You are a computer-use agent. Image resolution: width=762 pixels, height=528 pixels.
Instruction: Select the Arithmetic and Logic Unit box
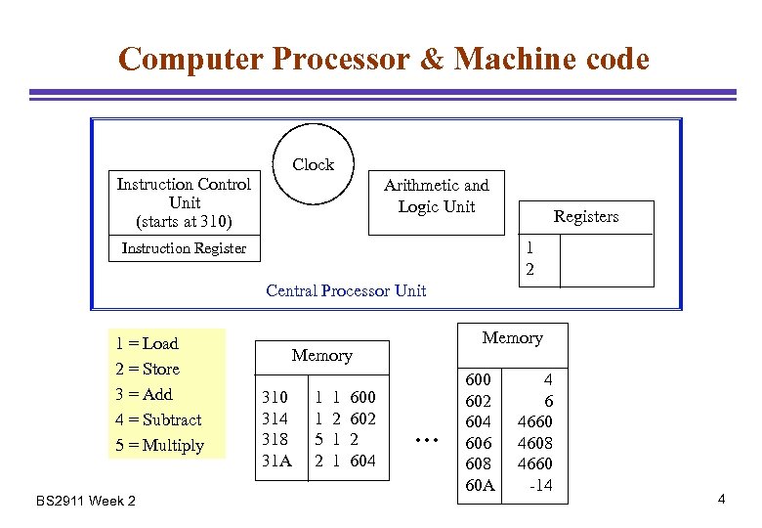coord(436,197)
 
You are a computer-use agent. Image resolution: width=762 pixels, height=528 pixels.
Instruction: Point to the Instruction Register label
coord(184,248)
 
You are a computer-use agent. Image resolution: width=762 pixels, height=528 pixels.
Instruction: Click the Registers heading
coord(586,217)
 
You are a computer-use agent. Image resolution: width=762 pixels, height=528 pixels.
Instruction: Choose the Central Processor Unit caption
coord(346,290)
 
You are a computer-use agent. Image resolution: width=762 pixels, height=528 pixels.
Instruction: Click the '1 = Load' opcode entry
coord(147,343)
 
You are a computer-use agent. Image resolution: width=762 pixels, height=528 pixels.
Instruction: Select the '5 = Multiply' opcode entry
coord(159,445)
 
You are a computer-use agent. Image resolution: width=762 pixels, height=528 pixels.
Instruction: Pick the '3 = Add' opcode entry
coord(144,394)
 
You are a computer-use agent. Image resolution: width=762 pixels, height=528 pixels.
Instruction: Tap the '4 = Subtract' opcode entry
coord(158,419)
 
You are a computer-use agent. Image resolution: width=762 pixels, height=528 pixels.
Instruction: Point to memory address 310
coord(275,397)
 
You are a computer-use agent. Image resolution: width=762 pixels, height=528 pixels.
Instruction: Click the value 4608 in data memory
coord(534,442)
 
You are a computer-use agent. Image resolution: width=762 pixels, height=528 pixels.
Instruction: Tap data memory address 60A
coord(481,485)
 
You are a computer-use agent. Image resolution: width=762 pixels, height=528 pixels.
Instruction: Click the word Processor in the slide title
coord(345,59)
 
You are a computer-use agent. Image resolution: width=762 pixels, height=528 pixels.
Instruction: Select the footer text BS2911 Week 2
coord(86,502)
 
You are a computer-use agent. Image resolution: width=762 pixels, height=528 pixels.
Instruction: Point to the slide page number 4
coord(721,500)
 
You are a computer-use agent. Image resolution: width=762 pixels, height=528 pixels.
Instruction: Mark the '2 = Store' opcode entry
coord(148,369)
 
